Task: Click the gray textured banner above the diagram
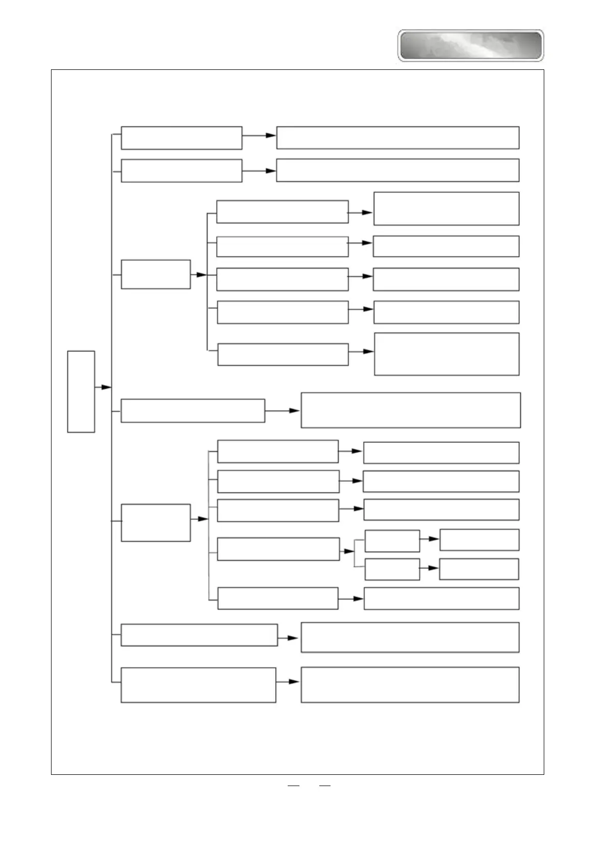[x=470, y=45]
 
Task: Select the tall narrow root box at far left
[x=81, y=391]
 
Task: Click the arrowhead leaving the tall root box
[x=106, y=388]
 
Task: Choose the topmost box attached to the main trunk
[x=181, y=138]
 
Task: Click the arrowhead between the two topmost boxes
[x=270, y=136]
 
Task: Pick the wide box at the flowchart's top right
[x=398, y=138]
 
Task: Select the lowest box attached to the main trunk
[x=198, y=685]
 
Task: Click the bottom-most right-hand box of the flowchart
[x=410, y=685]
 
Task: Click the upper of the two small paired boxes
[x=392, y=541]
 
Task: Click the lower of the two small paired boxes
[x=392, y=569]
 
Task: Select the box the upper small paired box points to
[x=479, y=540]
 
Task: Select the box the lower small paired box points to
[x=479, y=569]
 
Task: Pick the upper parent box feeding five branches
[x=156, y=274]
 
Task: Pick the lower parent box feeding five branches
[x=156, y=522]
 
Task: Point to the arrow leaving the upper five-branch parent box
[x=200, y=274]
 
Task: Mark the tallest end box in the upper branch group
[x=447, y=354]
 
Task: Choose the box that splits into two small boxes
[x=278, y=549]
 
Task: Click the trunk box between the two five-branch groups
[x=192, y=411]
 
